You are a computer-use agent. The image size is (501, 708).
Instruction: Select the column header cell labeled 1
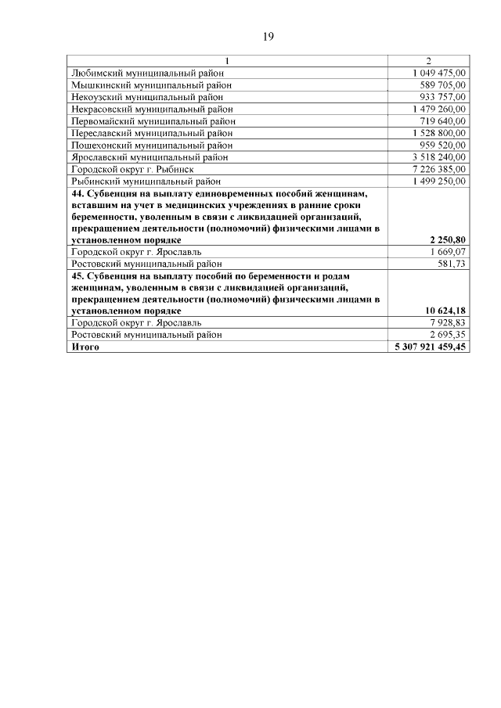coord(228,61)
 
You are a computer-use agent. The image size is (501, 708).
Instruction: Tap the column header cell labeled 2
coord(428,61)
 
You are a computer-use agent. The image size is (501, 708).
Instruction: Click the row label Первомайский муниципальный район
coord(153,121)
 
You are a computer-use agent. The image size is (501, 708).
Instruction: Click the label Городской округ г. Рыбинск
coord(132,169)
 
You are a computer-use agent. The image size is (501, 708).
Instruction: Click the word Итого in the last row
coord(85,346)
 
